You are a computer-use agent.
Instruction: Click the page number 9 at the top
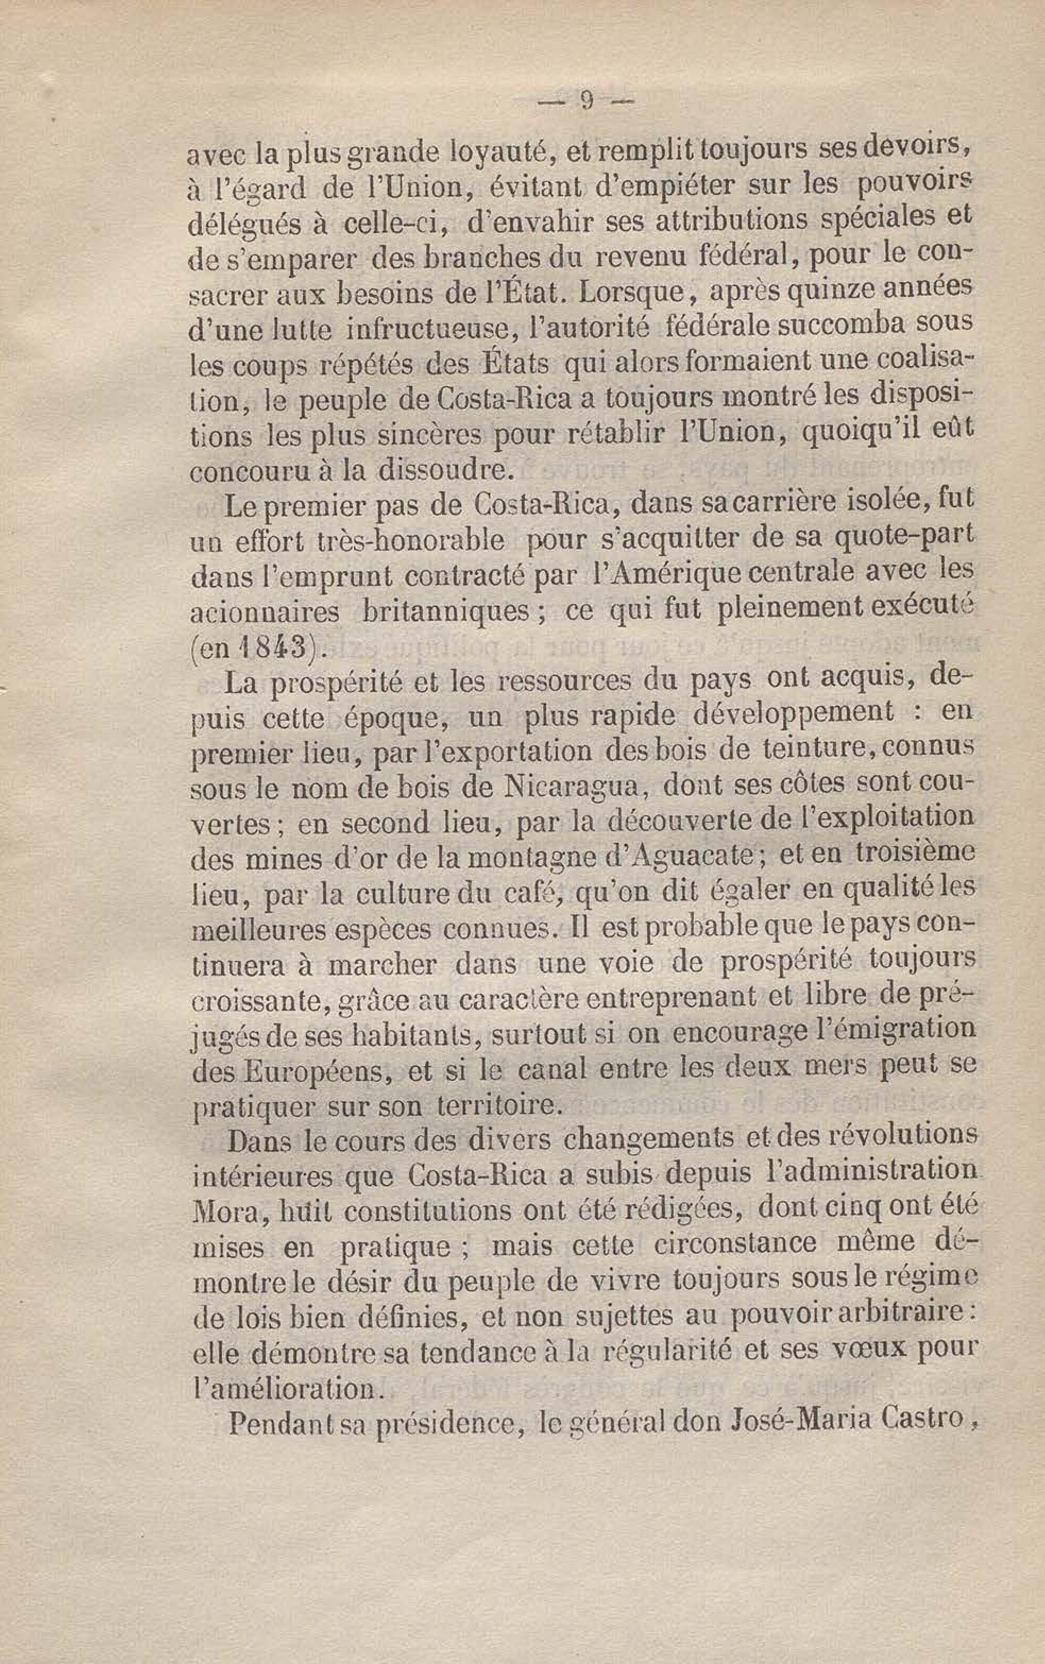(588, 102)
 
